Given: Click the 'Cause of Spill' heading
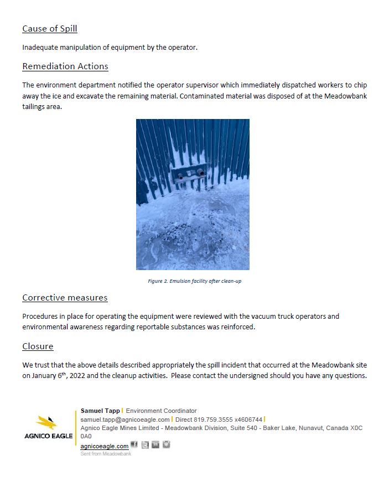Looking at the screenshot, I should [x=49, y=29].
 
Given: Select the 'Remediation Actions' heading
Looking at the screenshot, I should [x=65, y=66].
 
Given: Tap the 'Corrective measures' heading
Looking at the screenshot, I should [x=65, y=298].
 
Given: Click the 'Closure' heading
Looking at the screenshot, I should [x=38, y=346].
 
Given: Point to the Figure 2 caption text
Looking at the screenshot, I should [x=194, y=281].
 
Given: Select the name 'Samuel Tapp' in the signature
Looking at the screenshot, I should [x=100, y=411].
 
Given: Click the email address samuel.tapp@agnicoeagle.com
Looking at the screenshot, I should [x=125, y=420].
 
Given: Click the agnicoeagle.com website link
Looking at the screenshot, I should [x=105, y=446].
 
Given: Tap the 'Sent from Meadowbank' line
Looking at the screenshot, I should [x=106, y=454].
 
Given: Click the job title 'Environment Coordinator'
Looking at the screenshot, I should [x=161, y=411].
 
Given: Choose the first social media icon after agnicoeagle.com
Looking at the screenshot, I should [x=134, y=445].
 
